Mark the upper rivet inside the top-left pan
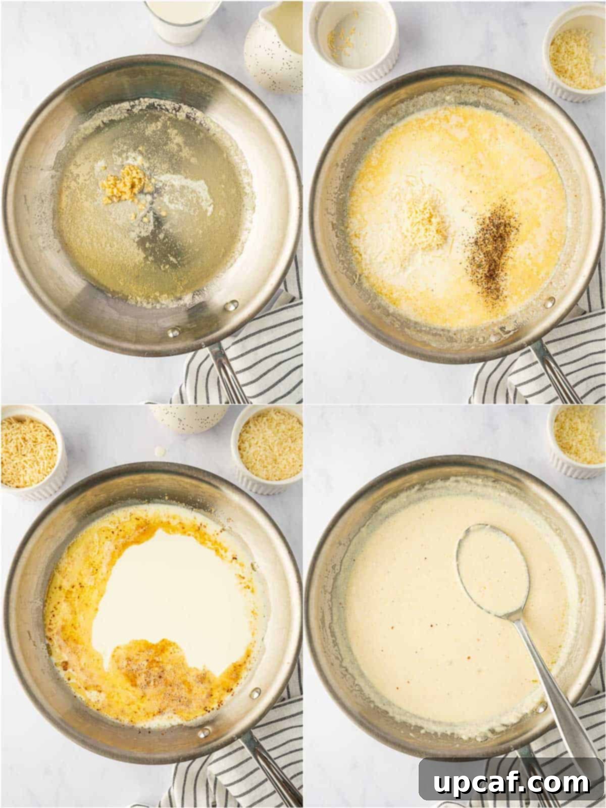tap(232, 305)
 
